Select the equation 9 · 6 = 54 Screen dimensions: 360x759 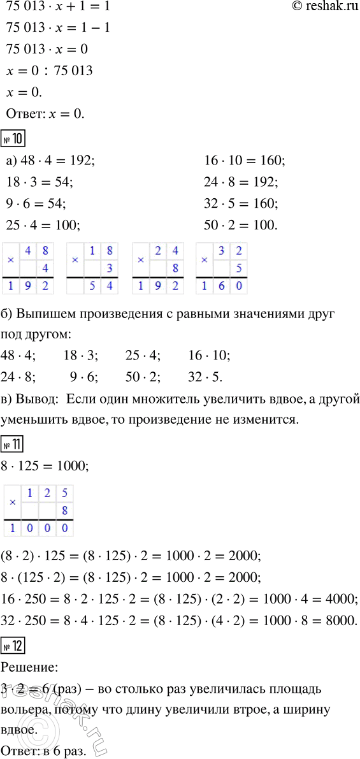pyautogui.click(x=38, y=203)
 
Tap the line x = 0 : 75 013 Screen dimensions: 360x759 pyautogui.click(x=48, y=71)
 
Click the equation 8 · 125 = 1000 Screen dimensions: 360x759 pyautogui.click(x=47, y=466)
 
